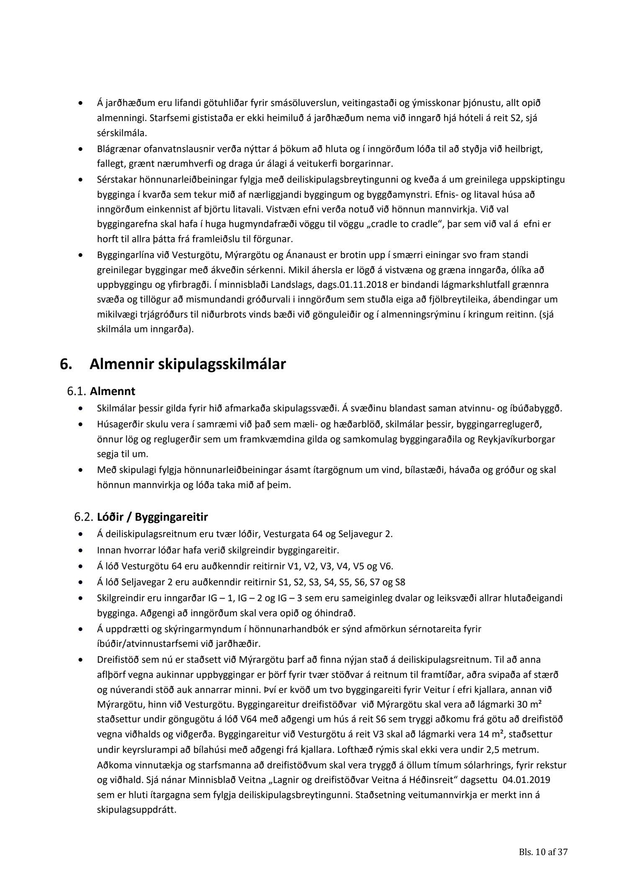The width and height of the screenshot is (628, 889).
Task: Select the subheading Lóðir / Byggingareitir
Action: (x=152, y=517)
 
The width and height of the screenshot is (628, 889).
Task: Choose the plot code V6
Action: (x=385, y=566)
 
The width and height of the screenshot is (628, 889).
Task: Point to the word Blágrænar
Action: (x=116, y=149)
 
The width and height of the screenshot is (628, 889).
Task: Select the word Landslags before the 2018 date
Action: (x=248, y=285)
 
